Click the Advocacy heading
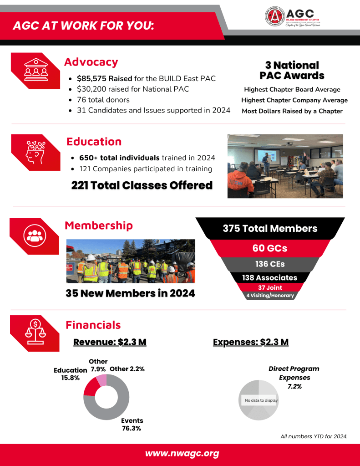(x=91, y=62)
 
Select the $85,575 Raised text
(x=104, y=78)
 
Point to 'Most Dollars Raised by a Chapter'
(x=292, y=111)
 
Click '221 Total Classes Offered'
(x=142, y=185)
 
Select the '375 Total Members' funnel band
(x=270, y=228)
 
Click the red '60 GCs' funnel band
(x=270, y=248)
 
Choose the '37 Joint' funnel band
(x=270, y=287)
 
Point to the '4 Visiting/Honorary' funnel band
(x=270, y=295)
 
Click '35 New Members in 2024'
(x=130, y=293)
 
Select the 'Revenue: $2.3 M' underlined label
(x=110, y=342)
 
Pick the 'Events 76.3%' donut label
(x=132, y=424)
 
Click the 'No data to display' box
(x=261, y=400)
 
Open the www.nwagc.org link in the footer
(x=182, y=454)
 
